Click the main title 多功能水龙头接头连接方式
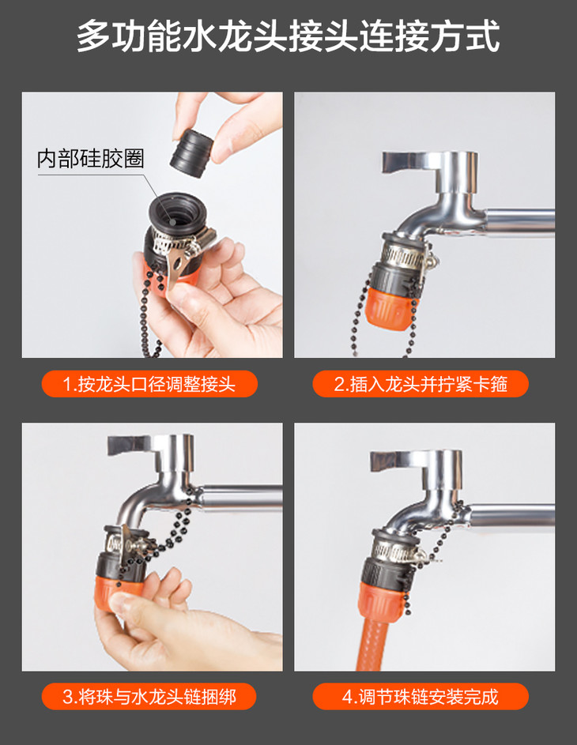[288, 36]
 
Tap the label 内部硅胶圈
[90, 159]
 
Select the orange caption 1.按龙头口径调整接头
[149, 384]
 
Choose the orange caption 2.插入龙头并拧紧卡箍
[420, 384]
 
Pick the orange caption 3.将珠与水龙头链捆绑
[149, 697]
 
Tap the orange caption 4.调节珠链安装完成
[420, 697]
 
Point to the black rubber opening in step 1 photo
[175, 213]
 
